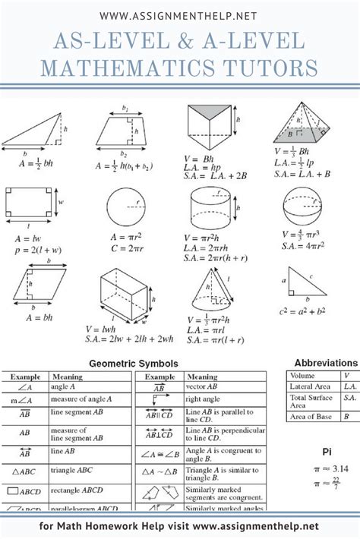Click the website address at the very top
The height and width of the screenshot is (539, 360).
pyautogui.click(x=180, y=14)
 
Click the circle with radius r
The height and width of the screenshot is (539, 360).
pyautogui.click(x=125, y=205)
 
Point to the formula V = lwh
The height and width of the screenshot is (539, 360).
pyautogui.click(x=100, y=329)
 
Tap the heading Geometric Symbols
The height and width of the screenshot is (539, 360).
pyautogui.click(x=134, y=364)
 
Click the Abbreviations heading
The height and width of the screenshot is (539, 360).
pyautogui.click(x=326, y=364)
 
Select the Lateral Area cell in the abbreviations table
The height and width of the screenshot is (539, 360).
pyautogui.click(x=311, y=386)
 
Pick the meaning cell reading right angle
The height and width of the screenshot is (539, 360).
pyautogui.click(x=204, y=398)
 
